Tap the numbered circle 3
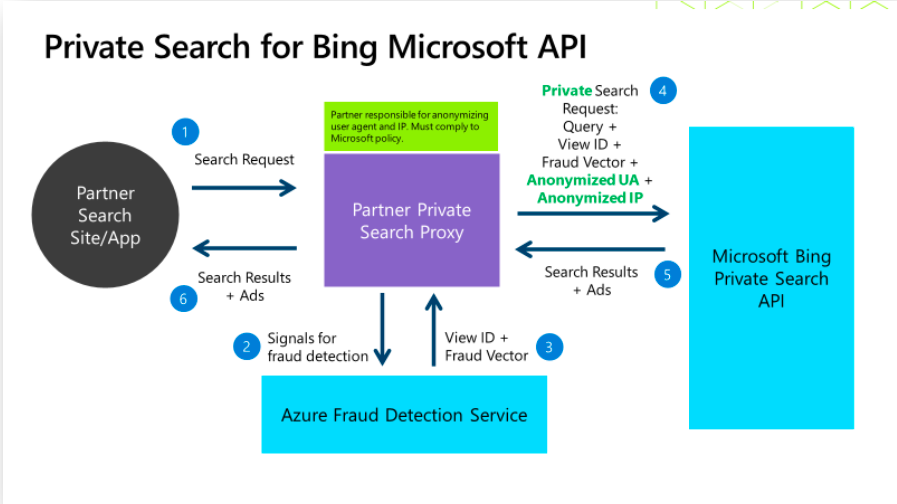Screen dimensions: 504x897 pyautogui.click(x=549, y=347)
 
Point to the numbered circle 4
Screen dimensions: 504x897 pyautogui.click(x=662, y=90)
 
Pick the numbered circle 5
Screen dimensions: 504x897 pyautogui.click(x=668, y=273)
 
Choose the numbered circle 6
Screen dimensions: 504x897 pyautogui.click(x=184, y=298)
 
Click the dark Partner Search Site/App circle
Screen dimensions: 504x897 pyautogui.click(x=105, y=216)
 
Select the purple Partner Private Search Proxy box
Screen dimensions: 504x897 pyautogui.click(x=411, y=220)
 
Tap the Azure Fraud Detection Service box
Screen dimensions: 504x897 pyautogui.click(x=404, y=414)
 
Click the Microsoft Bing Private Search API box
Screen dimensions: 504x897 pyautogui.click(x=771, y=277)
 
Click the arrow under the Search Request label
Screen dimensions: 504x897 pyautogui.click(x=245, y=187)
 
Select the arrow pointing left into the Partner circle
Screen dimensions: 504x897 pyautogui.click(x=245, y=247)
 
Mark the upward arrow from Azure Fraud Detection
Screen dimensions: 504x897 pyautogui.click(x=432, y=329)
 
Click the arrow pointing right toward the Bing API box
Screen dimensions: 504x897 pyautogui.click(x=593, y=213)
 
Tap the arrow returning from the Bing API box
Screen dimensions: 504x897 pyautogui.click(x=591, y=248)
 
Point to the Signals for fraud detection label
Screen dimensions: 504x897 pyautogui.click(x=317, y=346)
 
